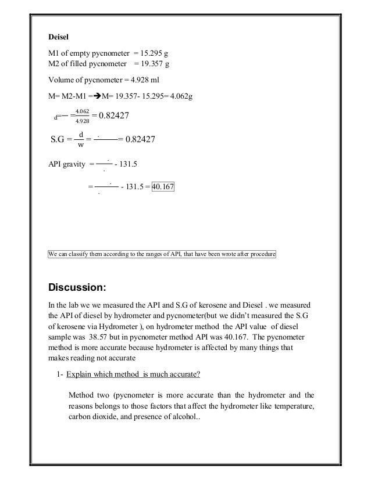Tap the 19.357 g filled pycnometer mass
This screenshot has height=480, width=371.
click(x=155, y=64)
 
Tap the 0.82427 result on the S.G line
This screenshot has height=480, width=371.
click(x=140, y=139)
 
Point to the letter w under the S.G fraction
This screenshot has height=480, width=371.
click(x=81, y=145)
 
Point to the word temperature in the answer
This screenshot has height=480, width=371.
click(x=291, y=406)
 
